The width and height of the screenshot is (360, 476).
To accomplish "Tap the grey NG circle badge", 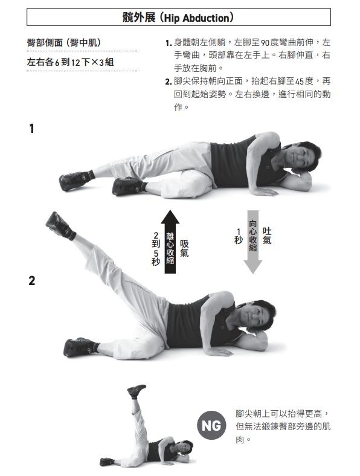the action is coord(211,425).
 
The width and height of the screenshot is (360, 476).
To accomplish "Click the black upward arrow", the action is coord(170,242).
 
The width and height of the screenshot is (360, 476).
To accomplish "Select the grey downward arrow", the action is coord(252,242).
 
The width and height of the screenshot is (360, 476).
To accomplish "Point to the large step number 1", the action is coord(31,129).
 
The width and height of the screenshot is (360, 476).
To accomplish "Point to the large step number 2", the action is coord(32,281).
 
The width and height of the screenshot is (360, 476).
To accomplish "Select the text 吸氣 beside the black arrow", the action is coord(184,248).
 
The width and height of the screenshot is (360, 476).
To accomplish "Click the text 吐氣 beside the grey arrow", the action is coord(267,236).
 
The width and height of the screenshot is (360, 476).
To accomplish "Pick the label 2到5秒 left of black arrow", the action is coord(156,249).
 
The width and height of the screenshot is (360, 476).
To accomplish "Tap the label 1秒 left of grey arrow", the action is coord(239,236).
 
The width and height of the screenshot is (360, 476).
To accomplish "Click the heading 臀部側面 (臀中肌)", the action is coord(64,42).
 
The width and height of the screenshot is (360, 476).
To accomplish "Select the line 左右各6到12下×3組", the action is coord(71,62).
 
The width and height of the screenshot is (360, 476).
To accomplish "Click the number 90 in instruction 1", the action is coord(265,43).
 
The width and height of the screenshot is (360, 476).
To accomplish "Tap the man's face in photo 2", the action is coord(254,316).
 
